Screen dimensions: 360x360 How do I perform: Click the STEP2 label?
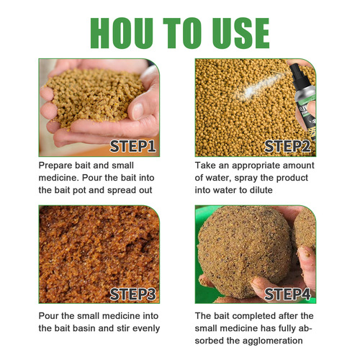[287, 148]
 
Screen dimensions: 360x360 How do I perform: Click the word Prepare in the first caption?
[59, 166]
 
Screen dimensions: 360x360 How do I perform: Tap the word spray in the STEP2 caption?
[235, 178]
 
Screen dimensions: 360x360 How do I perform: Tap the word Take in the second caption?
[207, 166]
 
